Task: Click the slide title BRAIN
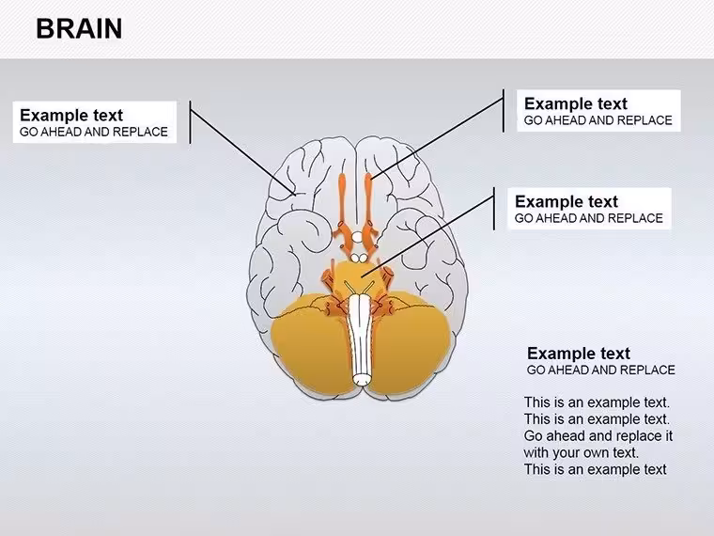(79, 29)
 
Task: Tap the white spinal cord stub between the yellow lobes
(363, 339)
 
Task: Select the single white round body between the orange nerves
(357, 237)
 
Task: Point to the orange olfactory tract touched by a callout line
(368, 200)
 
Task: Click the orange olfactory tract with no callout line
(343, 200)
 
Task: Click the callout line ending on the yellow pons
(428, 238)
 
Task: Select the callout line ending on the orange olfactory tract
(437, 138)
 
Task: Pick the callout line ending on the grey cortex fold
(242, 152)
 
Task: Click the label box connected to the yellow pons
(590, 209)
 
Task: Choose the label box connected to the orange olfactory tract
(598, 111)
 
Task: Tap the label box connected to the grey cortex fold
(95, 122)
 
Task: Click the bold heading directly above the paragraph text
(579, 354)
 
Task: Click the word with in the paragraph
(535, 452)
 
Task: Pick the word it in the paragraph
(668, 435)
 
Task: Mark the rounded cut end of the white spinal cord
(363, 379)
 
